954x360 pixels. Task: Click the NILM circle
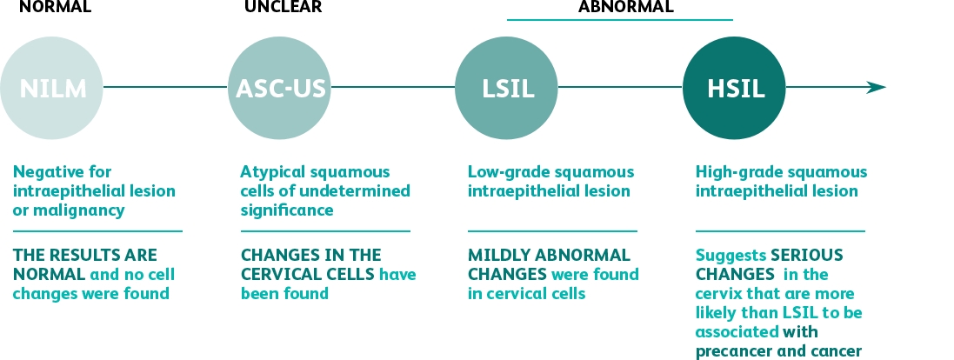click(x=51, y=88)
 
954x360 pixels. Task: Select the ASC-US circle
click(x=279, y=88)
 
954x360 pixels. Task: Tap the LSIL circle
click(x=506, y=88)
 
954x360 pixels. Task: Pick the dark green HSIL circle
click(x=734, y=88)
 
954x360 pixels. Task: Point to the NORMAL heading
click(x=56, y=7)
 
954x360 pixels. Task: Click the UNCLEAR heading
click(x=283, y=7)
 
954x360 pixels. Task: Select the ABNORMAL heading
click(x=626, y=7)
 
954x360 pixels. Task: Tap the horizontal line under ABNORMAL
click(x=620, y=20)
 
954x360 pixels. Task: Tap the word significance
click(x=287, y=210)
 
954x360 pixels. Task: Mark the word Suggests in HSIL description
click(x=731, y=256)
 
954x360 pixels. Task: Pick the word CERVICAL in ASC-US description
click(x=277, y=274)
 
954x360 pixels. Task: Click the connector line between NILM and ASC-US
click(x=165, y=87)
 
